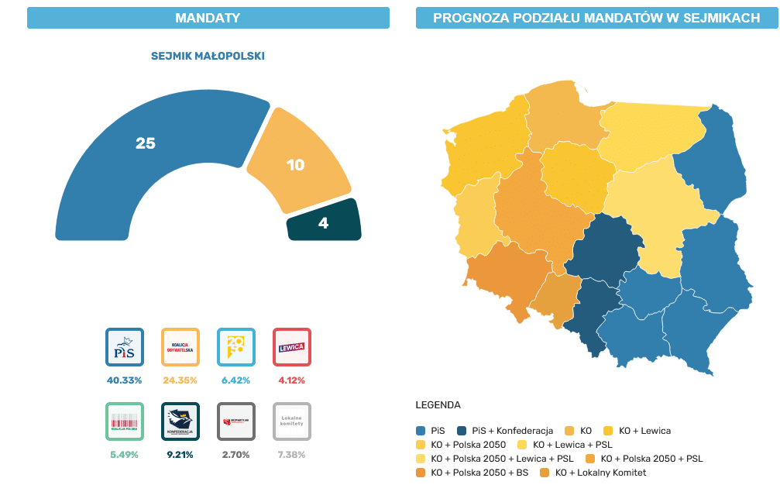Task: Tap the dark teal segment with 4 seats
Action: [324, 222]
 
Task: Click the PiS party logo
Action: [125, 347]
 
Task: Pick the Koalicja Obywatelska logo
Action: [180, 347]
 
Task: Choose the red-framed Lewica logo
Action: [292, 347]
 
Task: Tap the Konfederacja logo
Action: [180, 421]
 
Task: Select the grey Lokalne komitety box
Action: [292, 421]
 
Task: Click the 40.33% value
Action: [125, 380]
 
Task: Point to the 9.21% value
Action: [180, 455]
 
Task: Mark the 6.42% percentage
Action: [236, 380]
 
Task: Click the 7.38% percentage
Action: [292, 455]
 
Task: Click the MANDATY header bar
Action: [208, 18]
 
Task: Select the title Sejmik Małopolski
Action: [208, 57]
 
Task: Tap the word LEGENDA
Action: [438, 405]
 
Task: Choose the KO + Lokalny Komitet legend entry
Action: [593, 473]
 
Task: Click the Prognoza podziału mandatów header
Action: [596, 18]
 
